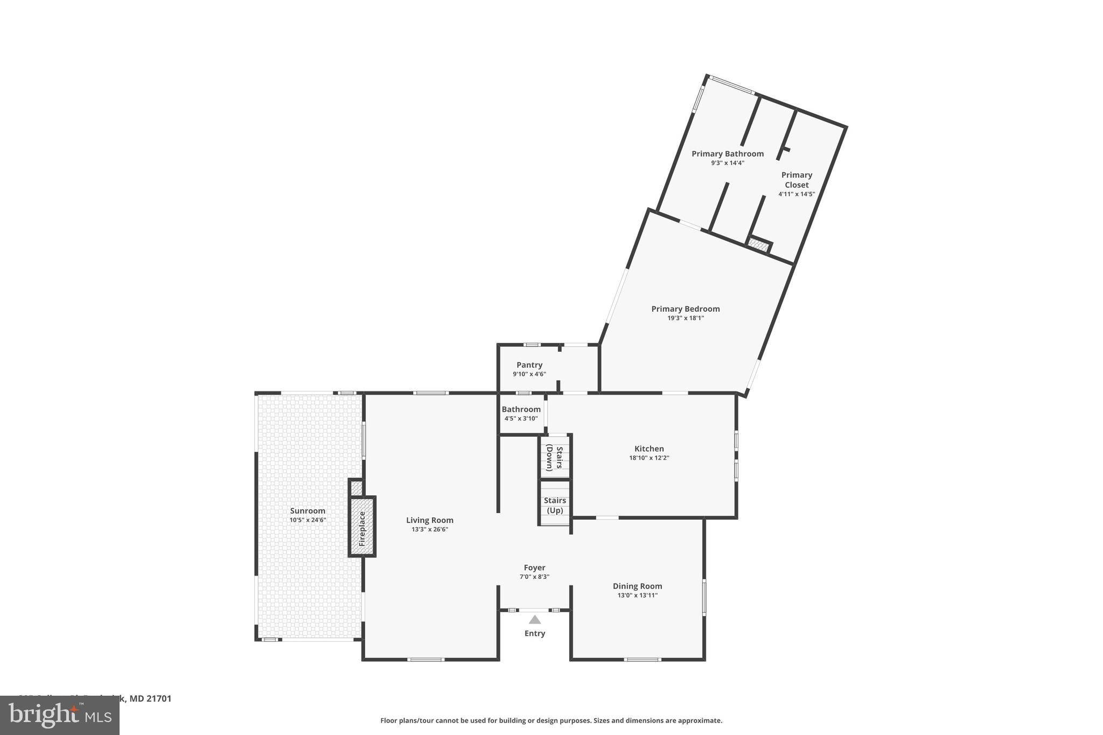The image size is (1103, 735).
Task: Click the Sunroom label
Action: tap(308, 511)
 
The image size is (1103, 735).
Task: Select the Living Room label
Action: tap(429, 520)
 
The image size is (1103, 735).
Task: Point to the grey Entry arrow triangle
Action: tap(534, 620)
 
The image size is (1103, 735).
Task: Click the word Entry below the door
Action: tap(534, 633)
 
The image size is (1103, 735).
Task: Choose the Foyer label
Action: tap(534, 568)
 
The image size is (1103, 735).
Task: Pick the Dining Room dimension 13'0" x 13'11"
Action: tap(637, 596)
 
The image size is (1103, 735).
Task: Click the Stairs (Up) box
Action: tap(555, 505)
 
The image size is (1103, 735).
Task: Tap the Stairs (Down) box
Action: tap(555, 458)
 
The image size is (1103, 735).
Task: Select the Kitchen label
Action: tap(649, 449)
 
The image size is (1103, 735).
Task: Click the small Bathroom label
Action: tap(521, 409)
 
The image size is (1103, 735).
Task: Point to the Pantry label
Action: tap(529, 365)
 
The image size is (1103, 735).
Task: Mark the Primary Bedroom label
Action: tap(685, 309)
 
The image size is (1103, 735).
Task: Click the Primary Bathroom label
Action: tap(727, 154)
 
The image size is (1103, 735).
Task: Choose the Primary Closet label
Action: tap(797, 180)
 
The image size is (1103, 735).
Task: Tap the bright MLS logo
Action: tap(59, 716)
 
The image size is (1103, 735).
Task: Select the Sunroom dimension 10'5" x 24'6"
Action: tap(308, 520)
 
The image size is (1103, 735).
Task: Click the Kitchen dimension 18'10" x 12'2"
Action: tap(649, 458)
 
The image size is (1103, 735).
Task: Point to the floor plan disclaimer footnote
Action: tap(551, 720)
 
